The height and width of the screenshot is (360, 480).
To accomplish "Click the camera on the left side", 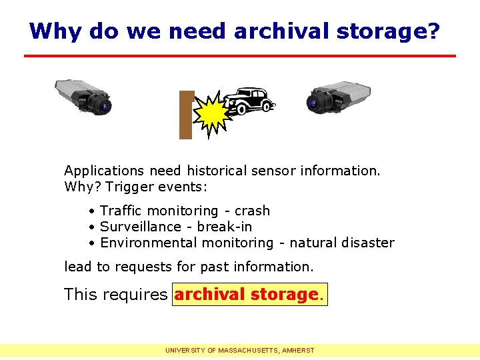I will point(83,97).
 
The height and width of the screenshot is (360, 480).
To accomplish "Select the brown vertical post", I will point(186,115).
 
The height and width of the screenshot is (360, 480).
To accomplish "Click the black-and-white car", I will point(247,102).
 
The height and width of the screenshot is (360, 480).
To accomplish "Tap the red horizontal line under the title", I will point(240,55).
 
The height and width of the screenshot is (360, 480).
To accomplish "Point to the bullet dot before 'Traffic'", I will point(91,211).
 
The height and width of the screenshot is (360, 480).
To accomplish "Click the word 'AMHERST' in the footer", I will point(299,350).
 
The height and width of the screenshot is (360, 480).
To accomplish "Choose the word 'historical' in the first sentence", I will point(215,171).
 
